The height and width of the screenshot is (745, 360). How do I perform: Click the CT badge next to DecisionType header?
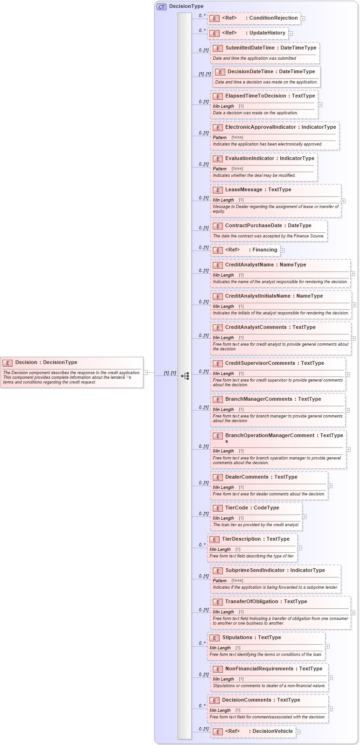161,7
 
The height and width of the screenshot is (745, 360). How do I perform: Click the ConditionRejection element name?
273,18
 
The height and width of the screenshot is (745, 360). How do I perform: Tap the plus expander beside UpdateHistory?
291,34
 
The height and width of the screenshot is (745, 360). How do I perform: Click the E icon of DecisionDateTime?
220,72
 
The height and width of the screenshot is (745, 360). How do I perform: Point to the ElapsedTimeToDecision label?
256,96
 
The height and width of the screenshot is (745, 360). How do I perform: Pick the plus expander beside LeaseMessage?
343,201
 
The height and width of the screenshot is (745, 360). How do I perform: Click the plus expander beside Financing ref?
283,251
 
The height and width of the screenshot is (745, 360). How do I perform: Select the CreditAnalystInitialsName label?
258,296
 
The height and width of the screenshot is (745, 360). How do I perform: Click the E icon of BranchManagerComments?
217,400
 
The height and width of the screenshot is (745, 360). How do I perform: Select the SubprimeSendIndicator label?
255,571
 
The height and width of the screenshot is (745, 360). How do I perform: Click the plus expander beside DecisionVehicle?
298,732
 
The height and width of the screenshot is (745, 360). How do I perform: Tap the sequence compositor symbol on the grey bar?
185,376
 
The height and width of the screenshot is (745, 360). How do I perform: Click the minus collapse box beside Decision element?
145,373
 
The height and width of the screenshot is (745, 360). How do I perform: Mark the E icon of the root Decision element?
7,363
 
